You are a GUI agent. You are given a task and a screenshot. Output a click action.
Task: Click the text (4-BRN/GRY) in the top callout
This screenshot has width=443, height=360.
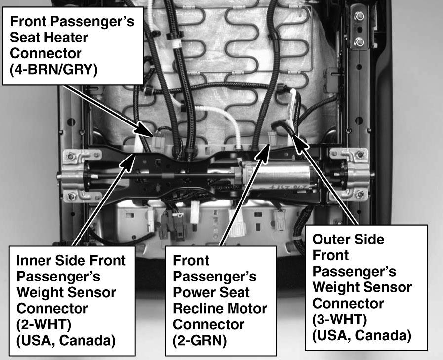[x=54, y=70]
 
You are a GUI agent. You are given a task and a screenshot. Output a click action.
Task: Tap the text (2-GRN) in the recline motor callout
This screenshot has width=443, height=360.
[x=200, y=341]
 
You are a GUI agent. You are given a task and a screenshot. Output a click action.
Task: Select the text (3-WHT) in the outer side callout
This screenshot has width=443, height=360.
[x=340, y=320]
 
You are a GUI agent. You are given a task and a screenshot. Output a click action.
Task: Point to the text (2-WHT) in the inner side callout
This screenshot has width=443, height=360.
[x=44, y=324]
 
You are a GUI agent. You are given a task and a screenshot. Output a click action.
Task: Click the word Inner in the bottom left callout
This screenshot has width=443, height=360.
[x=33, y=260]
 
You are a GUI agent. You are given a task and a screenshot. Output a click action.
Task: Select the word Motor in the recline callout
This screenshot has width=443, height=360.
[x=247, y=308]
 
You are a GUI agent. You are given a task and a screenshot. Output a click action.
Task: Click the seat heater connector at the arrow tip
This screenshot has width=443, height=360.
[x=159, y=142]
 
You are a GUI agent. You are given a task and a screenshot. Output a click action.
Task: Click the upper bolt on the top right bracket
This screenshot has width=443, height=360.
[x=359, y=16]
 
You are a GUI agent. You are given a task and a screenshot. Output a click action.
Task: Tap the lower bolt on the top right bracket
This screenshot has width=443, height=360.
[x=359, y=42]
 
